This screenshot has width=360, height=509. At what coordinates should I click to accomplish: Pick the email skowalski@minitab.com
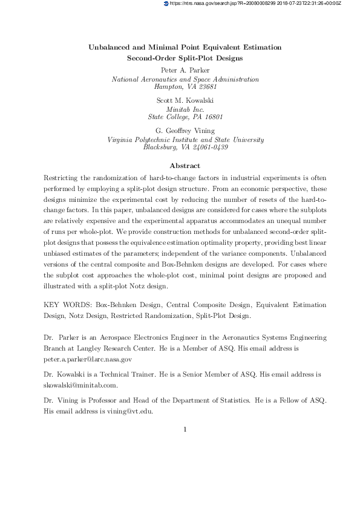[80, 384]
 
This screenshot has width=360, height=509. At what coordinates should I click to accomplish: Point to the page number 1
[185, 430]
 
